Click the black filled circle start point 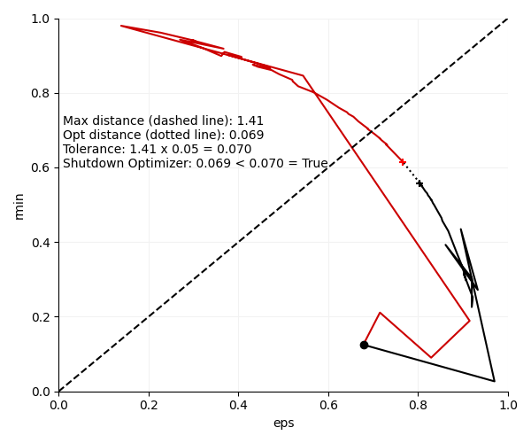(x=364, y=345)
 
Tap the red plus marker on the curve (x=403, y=162)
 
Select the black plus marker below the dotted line (x=420, y=184)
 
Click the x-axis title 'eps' (x=283, y=424)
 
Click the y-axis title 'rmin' (x=19, y=206)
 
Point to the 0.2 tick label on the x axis (x=149, y=405)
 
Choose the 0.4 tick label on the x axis (x=239, y=405)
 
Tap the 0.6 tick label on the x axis (x=328, y=405)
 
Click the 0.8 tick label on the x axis (x=419, y=405)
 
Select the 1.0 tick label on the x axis (x=508, y=405)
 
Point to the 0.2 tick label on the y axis (x=42, y=317)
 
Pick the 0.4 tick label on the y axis (x=42, y=243)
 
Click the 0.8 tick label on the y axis (x=42, y=93)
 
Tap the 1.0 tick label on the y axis (x=42, y=19)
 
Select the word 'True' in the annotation (x=313, y=164)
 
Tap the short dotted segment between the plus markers (x=412, y=174)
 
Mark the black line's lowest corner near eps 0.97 (x=494, y=381)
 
